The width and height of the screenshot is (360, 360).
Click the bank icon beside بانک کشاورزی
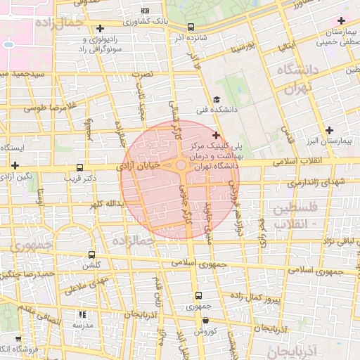pyautogui.click(x=146, y=11)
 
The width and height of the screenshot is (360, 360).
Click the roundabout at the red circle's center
pyautogui.click(x=181, y=167)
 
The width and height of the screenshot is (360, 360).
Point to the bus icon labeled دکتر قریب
pyautogui.click(x=79, y=169)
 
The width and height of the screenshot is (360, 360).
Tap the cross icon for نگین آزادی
pyautogui.click(x=15, y=165)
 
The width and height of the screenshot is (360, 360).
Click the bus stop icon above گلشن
pyautogui.click(x=91, y=255)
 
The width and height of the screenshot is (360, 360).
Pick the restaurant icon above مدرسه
pyautogui.click(x=82, y=315)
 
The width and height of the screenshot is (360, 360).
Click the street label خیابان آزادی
pyautogui.click(x=144, y=165)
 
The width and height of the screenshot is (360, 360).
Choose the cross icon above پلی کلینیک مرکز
pyautogui.click(x=216, y=134)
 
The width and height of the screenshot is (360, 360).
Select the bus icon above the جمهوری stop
pyautogui.click(x=198, y=295)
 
